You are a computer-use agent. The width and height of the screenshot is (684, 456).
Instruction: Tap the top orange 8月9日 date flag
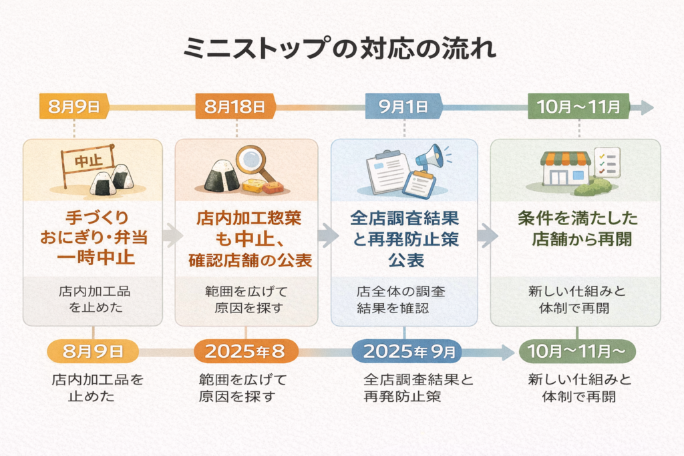click(x=73, y=107)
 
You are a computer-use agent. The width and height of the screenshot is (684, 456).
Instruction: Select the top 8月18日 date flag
click(x=234, y=107)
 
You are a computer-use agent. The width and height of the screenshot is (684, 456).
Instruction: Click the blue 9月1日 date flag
click(x=403, y=107)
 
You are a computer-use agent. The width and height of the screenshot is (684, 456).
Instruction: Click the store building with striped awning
click(x=565, y=168)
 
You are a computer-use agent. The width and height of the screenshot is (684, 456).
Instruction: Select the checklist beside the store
click(x=607, y=163)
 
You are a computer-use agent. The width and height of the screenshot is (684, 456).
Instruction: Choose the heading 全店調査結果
click(x=404, y=219)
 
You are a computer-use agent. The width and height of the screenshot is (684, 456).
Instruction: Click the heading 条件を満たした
click(x=577, y=219)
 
